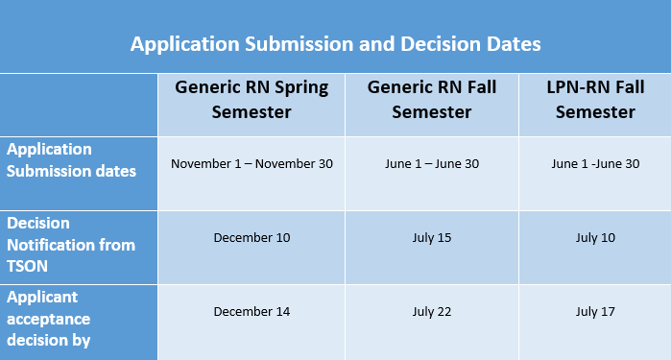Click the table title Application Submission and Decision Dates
(x=335, y=44)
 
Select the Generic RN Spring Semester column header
(x=252, y=100)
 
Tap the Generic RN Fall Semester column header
(x=431, y=100)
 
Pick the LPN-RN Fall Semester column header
(x=594, y=100)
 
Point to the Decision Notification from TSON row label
(x=70, y=245)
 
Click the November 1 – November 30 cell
(x=252, y=163)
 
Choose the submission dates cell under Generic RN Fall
(x=431, y=163)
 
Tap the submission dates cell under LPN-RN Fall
(x=594, y=163)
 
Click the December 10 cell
(x=252, y=237)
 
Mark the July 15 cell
(x=431, y=237)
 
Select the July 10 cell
(x=594, y=237)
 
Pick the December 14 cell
(x=252, y=311)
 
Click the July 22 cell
(x=431, y=311)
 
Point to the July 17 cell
(x=594, y=311)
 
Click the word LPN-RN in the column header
(x=574, y=87)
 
